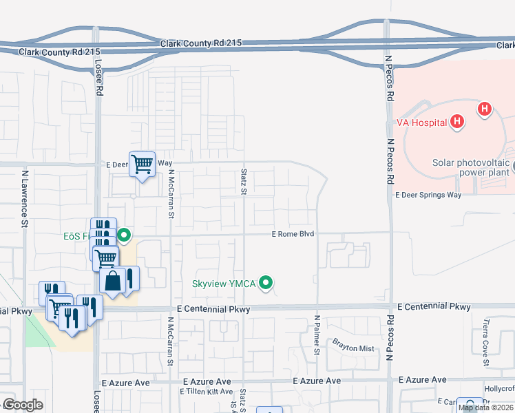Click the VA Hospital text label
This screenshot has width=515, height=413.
(421, 123)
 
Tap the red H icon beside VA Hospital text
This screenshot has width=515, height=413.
(456, 123)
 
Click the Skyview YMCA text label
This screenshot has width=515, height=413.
(224, 284)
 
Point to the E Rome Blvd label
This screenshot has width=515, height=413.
(293, 234)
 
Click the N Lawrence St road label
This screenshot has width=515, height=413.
(24, 199)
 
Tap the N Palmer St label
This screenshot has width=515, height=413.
(317, 335)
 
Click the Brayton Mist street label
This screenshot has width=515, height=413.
(353, 348)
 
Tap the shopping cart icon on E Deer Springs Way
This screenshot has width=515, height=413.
(142, 165)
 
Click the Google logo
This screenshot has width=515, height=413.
(23, 405)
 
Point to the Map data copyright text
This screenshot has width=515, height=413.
(485, 407)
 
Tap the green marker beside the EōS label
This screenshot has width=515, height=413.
(124, 235)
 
